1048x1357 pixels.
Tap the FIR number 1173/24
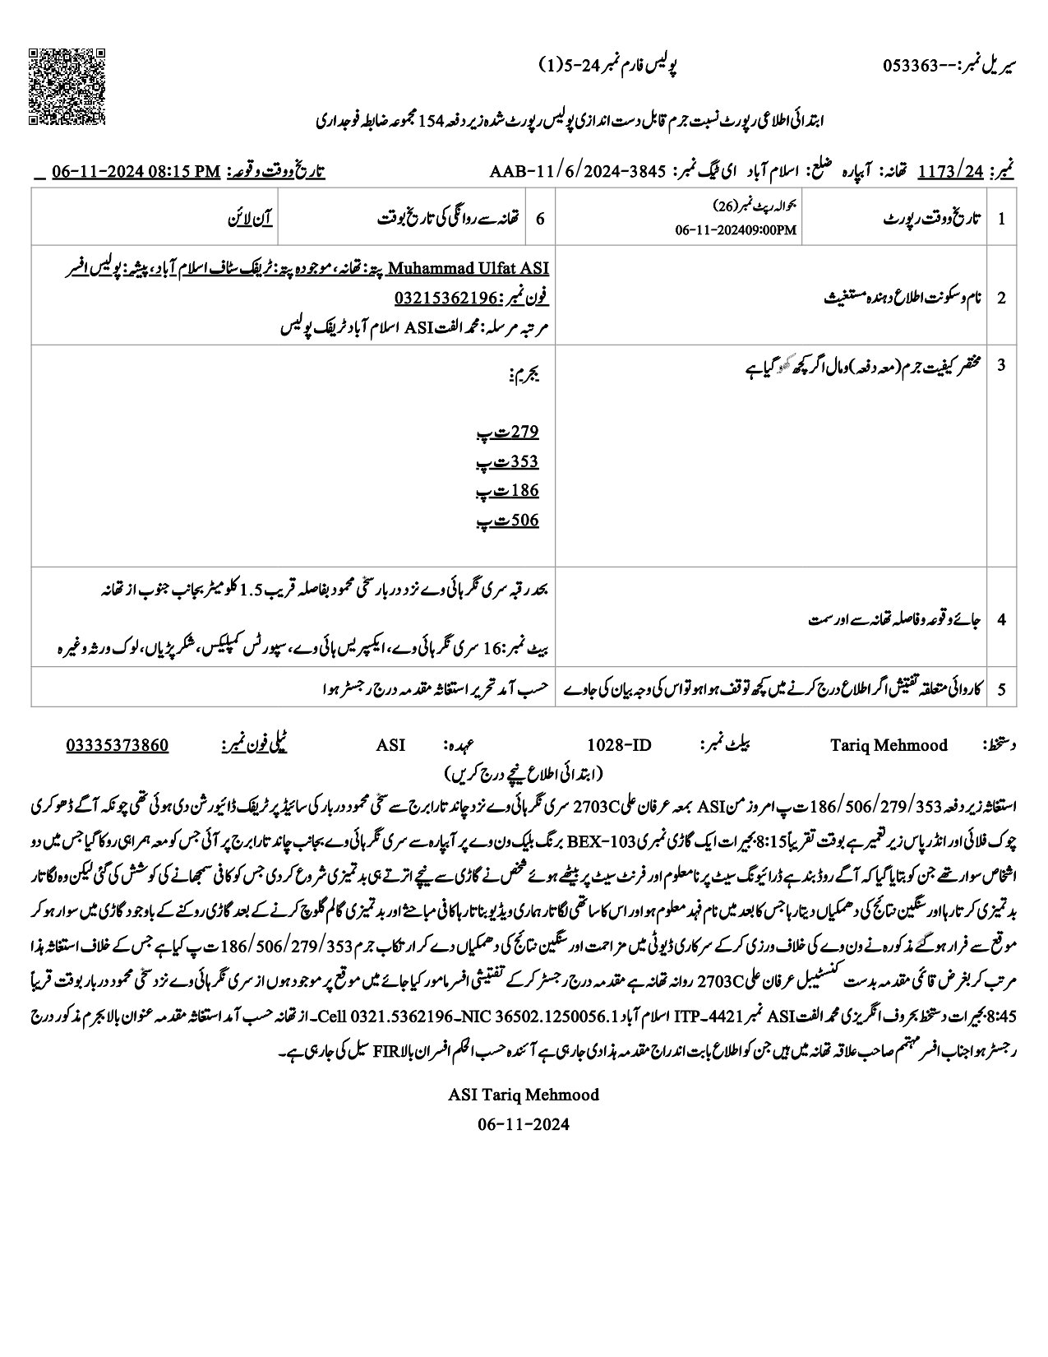[951, 171]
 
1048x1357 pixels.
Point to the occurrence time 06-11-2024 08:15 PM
[136, 171]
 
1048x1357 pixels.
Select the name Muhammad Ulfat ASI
[468, 268]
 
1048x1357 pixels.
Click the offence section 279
[524, 432]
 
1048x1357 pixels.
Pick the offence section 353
[524, 461]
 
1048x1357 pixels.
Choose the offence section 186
[524, 491]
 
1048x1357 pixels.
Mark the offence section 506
[524, 521]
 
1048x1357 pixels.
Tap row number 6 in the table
[540, 219]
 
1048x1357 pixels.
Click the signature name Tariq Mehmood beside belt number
[889, 745]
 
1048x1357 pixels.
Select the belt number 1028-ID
[619, 745]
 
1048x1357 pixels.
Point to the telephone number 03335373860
[117, 745]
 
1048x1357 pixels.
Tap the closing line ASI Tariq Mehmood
[524, 1095]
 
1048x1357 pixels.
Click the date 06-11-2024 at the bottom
[524, 1123]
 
